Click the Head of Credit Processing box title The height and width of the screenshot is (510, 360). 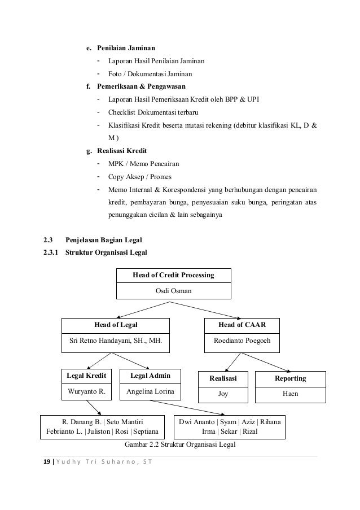(x=173, y=275)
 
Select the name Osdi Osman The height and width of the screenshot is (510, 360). (x=173, y=291)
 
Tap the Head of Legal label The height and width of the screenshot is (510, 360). (x=116, y=325)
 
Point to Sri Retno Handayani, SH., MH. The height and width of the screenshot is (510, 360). (x=115, y=341)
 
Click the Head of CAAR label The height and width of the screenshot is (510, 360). (x=242, y=325)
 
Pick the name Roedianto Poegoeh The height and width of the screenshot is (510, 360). (x=242, y=341)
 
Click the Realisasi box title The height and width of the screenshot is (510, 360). (x=223, y=378)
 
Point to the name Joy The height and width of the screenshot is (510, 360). (x=223, y=394)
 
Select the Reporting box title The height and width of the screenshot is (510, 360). (x=290, y=378)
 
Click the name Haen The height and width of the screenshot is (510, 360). (x=290, y=394)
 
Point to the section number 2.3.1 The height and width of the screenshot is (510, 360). (x=52, y=252)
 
